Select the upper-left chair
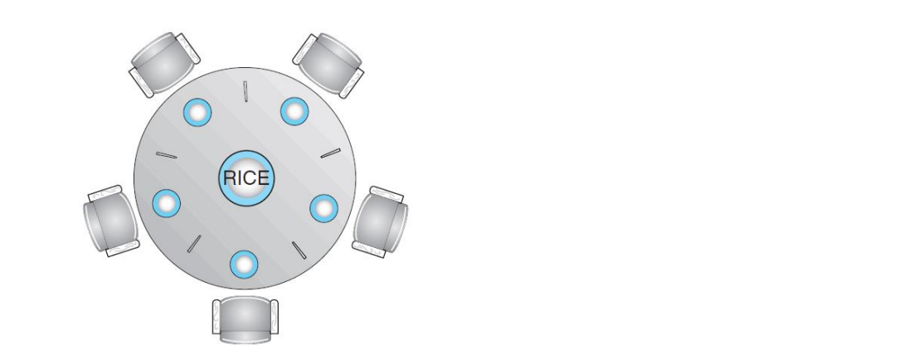(163, 64)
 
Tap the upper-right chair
(328, 64)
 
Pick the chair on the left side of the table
(111, 221)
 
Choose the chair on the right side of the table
(380, 222)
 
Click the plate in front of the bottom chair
(244, 265)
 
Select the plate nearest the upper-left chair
(197, 113)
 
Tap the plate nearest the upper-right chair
(294, 111)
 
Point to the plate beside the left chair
(167, 203)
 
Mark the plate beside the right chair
(323, 208)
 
